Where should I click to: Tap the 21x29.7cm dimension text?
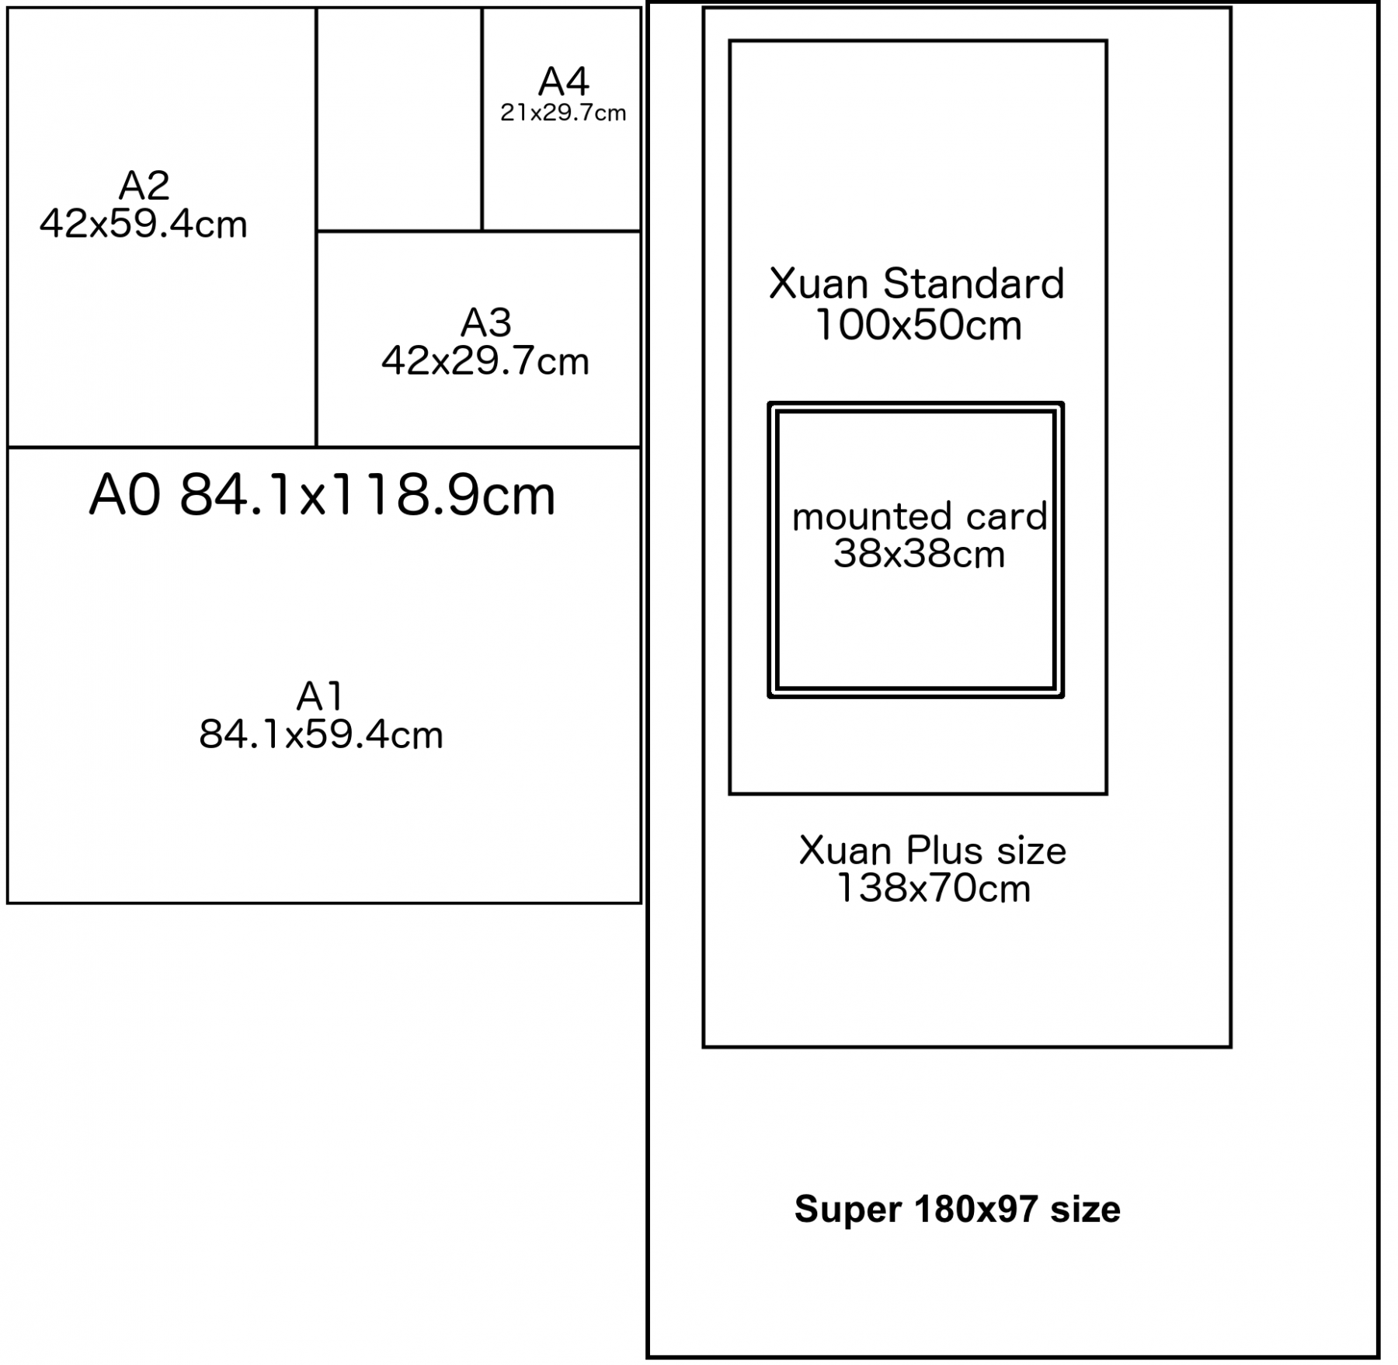click(x=563, y=113)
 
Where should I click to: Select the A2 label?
click(x=144, y=185)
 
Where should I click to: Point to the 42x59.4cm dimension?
click(x=144, y=225)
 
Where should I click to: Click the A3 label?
click(x=486, y=322)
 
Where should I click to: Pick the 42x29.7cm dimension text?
click(x=485, y=362)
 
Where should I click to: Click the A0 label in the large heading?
click(x=125, y=496)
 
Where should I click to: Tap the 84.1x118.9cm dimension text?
click(x=367, y=496)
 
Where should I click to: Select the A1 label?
click(x=320, y=696)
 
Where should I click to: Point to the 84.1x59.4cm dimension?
click(x=321, y=735)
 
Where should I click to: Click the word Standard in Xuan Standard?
click(x=973, y=284)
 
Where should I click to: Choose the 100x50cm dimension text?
click(x=918, y=326)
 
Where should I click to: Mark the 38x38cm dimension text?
click(x=919, y=555)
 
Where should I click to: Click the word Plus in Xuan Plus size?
click(x=945, y=851)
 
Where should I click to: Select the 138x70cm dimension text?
click(x=934, y=889)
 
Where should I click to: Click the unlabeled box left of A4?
click(x=398, y=120)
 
